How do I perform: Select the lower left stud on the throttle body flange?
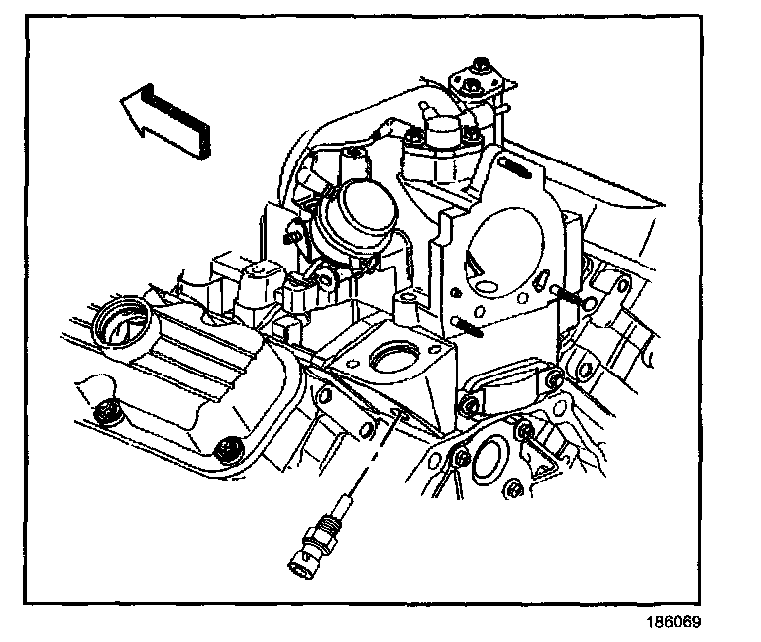[x=466, y=328]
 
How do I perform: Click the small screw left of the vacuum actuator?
[x=293, y=236]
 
